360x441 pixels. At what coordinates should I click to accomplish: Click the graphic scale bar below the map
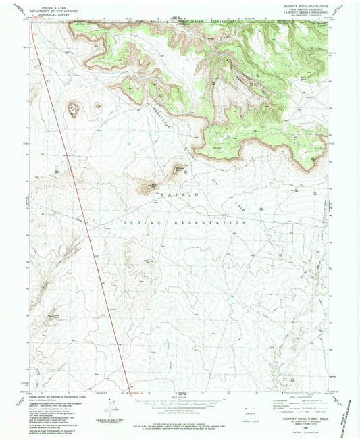point(179,407)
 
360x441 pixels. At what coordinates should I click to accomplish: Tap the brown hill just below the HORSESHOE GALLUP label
point(179,169)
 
